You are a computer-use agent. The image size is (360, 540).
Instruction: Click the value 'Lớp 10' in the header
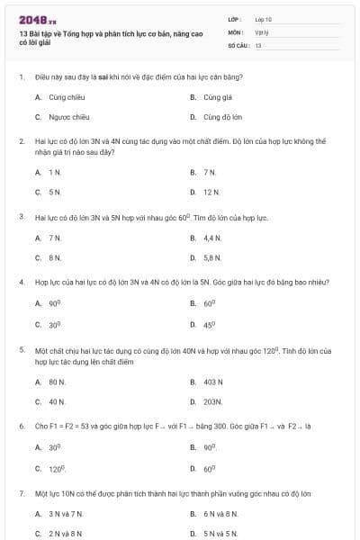(264, 18)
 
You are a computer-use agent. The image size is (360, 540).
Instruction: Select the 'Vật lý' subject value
(262, 31)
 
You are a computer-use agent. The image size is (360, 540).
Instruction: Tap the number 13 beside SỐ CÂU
(258, 44)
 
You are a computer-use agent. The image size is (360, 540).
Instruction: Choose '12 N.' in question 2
(211, 192)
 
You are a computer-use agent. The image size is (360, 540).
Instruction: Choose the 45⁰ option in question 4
(209, 325)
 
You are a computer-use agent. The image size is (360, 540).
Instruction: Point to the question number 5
(22, 348)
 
